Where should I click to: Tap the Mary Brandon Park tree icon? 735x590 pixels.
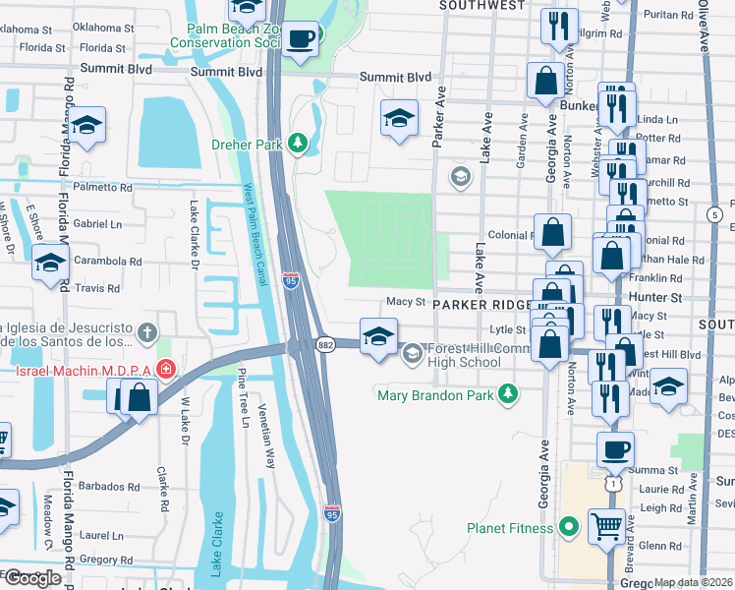pyautogui.click(x=507, y=394)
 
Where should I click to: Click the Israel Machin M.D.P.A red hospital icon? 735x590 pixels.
pyautogui.click(x=166, y=370)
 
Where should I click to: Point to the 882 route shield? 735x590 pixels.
pyautogui.click(x=324, y=344)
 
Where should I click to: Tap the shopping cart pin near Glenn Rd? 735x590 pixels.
pyautogui.click(x=606, y=525)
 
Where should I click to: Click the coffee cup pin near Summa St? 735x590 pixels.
pyautogui.click(x=615, y=449)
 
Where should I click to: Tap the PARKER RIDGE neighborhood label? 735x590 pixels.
pyautogui.click(x=489, y=305)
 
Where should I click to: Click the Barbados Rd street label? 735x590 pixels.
pyautogui.click(x=110, y=486)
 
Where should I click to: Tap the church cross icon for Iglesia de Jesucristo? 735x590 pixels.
pyautogui.click(x=147, y=331)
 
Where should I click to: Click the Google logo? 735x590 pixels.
pyautogui.click(x=32, y=578)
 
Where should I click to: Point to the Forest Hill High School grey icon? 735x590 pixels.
pyautogui.click(x=413, y=352)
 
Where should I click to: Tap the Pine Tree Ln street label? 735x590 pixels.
pyautogui.click(x=242, y=394)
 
